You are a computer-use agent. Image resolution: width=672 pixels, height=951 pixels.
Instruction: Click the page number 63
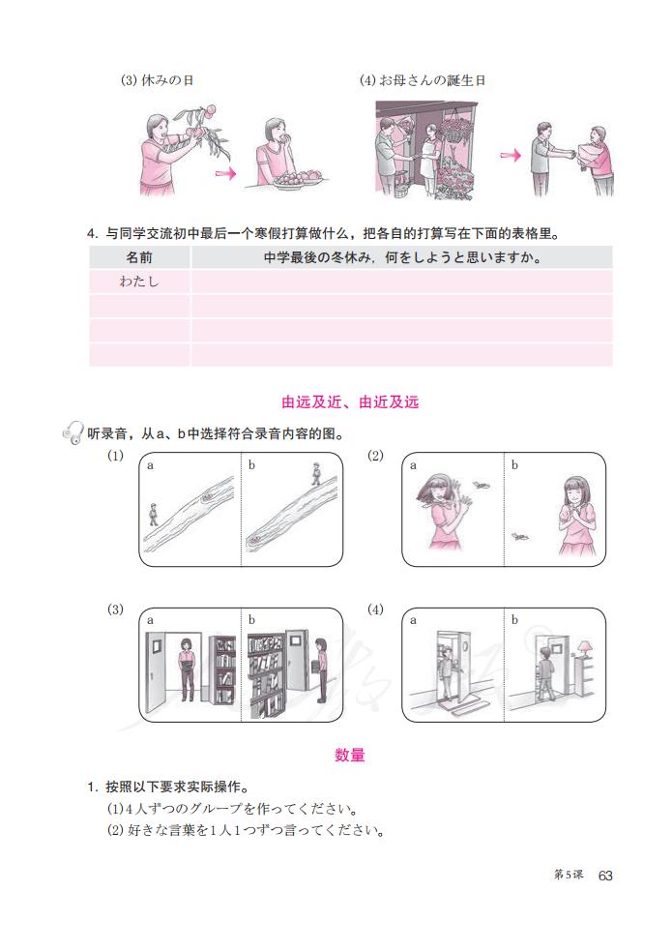(605, 875)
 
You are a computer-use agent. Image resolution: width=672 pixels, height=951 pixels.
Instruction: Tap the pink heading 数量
(350, 755)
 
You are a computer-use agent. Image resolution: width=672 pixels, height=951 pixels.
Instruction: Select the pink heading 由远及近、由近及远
(350, 401)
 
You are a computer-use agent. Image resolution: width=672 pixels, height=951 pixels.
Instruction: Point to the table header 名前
(139, 258)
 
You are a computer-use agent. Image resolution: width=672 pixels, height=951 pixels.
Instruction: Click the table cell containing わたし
(139, 282)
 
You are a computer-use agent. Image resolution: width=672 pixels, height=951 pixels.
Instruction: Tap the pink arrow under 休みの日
(224, 174)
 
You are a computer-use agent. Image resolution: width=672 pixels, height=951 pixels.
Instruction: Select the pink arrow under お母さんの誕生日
(510, 155)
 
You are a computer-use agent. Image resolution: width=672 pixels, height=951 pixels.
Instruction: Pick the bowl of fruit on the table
(300, 179)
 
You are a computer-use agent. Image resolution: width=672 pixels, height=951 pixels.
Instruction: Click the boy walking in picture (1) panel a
(153, 514)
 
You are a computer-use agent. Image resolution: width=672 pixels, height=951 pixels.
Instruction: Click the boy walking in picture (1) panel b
(315, 474)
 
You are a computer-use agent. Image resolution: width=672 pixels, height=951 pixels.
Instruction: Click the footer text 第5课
(568, 875)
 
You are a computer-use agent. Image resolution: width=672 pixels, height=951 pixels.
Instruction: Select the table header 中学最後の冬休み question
(401, 258)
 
